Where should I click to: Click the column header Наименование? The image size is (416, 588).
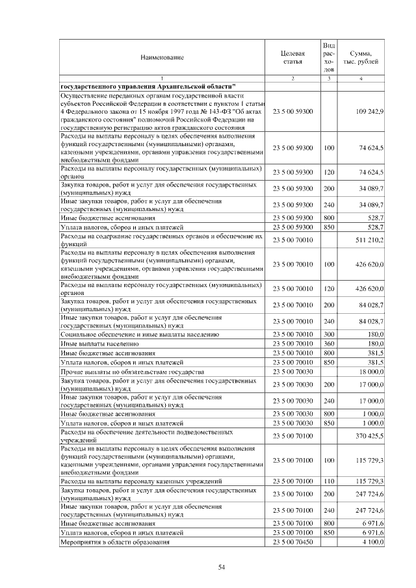162,57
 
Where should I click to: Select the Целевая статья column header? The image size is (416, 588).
292,57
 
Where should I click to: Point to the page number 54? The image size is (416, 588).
221,567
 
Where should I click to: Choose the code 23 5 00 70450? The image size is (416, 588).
292,542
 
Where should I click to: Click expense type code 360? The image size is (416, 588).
329,342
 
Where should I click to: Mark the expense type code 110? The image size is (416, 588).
329,481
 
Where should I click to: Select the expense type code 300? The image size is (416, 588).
329,333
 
